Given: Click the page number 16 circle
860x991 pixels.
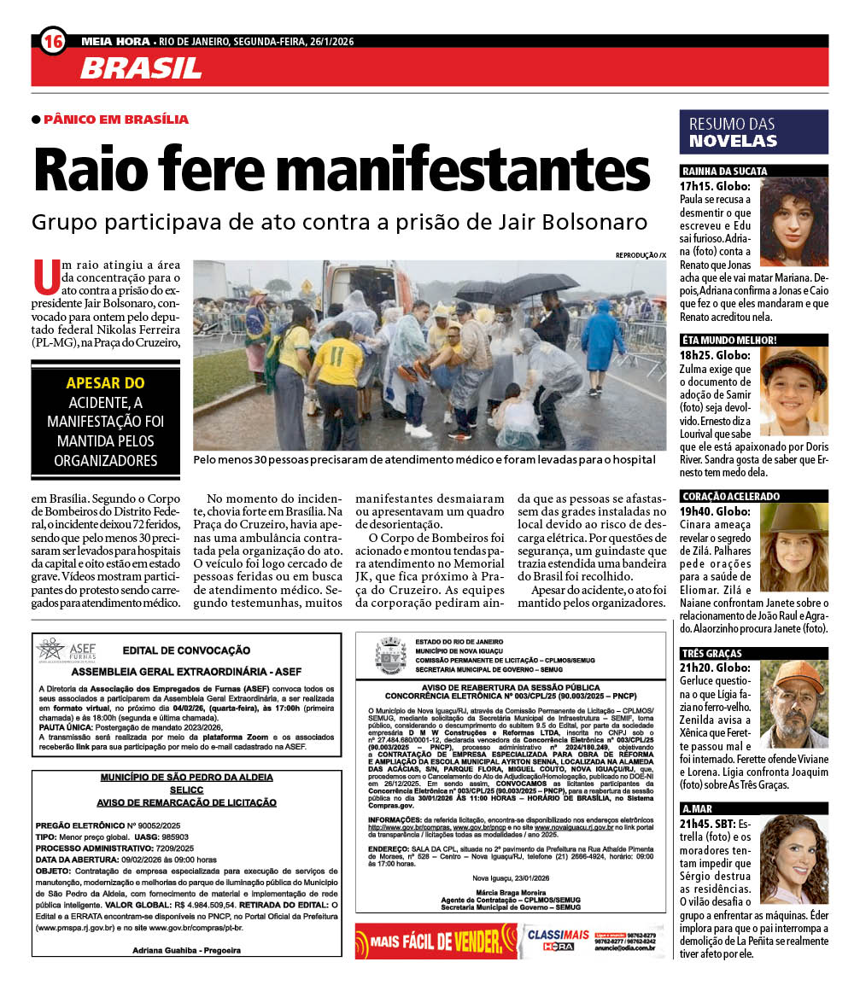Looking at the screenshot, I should tap(53, 41).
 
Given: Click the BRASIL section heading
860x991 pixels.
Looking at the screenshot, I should tap(141, 68).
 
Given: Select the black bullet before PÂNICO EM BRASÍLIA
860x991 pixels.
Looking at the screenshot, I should tap(36, 120).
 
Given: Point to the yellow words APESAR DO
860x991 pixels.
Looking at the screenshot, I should tap(106, 383).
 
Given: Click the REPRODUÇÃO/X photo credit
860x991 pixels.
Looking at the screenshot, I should tap(640, 254).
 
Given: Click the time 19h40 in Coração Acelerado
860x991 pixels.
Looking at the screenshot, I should tap(696, 511).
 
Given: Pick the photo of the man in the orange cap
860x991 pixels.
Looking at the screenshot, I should tap(793, 702).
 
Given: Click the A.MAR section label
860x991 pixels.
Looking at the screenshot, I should tap(698, 808).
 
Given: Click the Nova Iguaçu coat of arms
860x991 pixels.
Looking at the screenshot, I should tap(390, 656).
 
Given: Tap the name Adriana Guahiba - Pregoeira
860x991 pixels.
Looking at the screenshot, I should tap(186, 950).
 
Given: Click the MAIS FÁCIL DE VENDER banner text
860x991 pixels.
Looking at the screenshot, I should tap(436, 942).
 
